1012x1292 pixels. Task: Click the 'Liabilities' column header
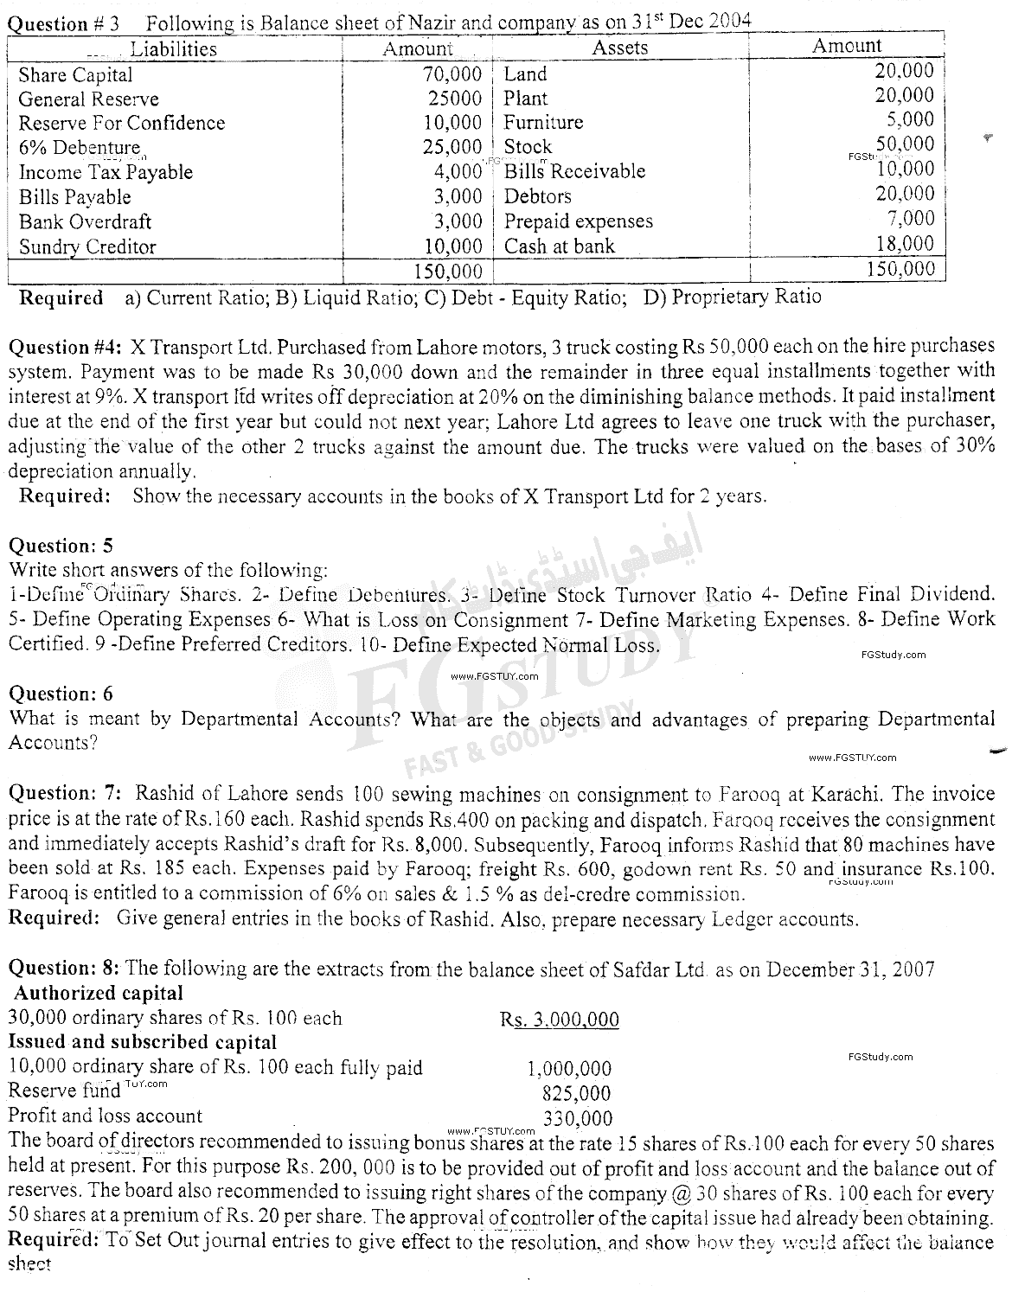173,48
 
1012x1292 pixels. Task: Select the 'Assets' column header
619,48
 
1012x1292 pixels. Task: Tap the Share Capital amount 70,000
452,74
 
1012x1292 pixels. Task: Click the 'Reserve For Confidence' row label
122,123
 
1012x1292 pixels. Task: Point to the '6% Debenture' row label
79,147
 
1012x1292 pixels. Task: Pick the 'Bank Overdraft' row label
85,221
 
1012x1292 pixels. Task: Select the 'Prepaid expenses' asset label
578,221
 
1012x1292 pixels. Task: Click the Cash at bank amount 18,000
905,244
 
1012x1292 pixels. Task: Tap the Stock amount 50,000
905,144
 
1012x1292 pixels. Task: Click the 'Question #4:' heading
66,348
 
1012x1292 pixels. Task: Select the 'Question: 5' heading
61,546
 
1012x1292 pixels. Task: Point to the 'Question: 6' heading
61,694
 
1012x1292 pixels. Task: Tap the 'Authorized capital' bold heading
99,993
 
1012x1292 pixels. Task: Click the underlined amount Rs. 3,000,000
559,1020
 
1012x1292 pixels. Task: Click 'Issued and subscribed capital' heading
143,1042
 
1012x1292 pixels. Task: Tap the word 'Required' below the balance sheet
61,298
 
